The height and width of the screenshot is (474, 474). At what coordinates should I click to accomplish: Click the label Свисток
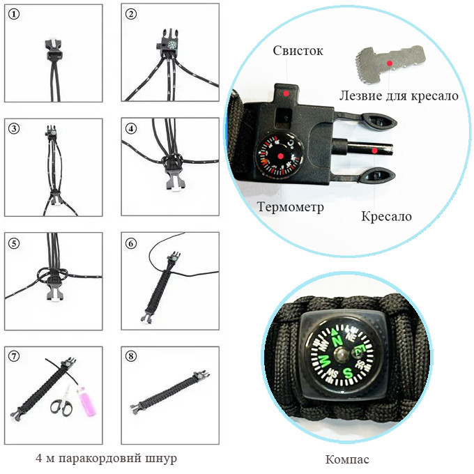[x=298, y=52]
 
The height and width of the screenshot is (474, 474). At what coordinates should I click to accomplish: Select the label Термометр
[x=290, y=207]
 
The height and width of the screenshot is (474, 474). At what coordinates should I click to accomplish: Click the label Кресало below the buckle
[x=386, y=216]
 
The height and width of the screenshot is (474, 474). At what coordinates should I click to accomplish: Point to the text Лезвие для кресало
[x=399, y=95]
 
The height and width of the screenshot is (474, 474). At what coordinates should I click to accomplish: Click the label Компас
[x=348, y=459]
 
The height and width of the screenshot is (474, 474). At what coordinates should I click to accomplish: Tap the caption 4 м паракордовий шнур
[x=106, y=459]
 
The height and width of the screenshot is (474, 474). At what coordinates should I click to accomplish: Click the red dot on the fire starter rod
[x=374, y=149]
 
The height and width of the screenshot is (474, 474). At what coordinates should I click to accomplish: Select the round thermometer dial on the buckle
[x=279, y=156]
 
